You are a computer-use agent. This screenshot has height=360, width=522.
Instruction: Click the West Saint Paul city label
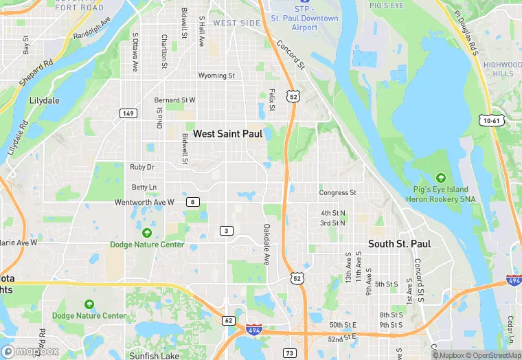pyautogui.click(x=227, y=134)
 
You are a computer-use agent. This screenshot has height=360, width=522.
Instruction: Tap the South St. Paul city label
pyautogui.click(x=399, y=244)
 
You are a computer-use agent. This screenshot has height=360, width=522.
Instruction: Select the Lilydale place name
pyautogui.click(x=45, y=100)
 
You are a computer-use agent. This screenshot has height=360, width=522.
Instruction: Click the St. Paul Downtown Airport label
pyautogui.click(x=304, y=23)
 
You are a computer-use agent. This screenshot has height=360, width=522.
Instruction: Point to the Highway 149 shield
pyautogui.click(x=127, y=113)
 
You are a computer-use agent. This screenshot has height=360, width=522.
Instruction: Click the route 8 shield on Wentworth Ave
pyautogui.click(x=195, y=202)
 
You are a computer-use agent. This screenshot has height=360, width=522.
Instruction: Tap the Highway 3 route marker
pyautogui.click(x=226, y=230)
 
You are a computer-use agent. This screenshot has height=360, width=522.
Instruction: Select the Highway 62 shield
pyautogui.click(x=229, y=320)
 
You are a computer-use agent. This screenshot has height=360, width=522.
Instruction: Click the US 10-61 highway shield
pyautogui.click(x=490, y=120)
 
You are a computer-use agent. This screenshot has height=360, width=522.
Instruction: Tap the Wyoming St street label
pyautogui.click(x=216, y=76)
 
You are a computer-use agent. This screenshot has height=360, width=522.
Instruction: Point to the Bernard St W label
pyautogui.click(x=174, y=100)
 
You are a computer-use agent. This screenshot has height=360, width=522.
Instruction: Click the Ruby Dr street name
pyautogui.click(x=142, y=167)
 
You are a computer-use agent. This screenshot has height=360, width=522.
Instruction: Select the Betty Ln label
pyautogui.click(x=144, y=187)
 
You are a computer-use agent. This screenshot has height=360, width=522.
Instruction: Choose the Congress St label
pyautogui.click(x=337, y=193)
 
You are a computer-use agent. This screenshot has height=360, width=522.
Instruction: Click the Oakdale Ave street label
pyautogui.click(x=266, y=245)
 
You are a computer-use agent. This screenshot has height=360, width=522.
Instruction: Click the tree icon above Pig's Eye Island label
pyautogui.click(x=440, y=178)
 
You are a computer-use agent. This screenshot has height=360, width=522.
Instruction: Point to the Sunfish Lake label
pyautogui.click(x=155, y=355)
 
